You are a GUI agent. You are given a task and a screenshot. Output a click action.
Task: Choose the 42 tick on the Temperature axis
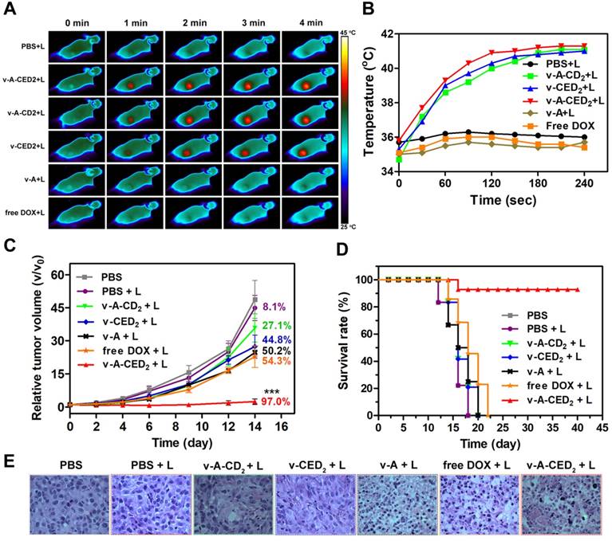pyautogui.click(x=386, y=34)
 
